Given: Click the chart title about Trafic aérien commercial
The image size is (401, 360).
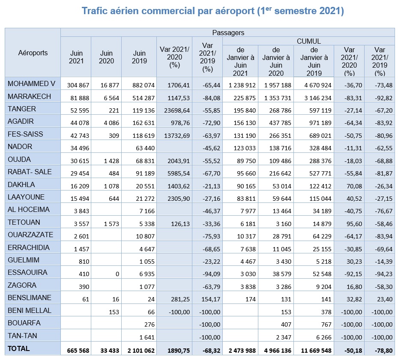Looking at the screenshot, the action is coord(213,11).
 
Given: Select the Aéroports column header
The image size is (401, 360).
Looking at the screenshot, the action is coord(33,53).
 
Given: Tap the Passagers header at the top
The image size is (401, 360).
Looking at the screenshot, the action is coord(228,33).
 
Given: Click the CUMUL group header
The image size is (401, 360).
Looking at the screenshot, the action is coord(309,41).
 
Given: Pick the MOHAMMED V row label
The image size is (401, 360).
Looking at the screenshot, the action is coord(31,83).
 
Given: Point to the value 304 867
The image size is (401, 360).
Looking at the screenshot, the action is coord(78,85).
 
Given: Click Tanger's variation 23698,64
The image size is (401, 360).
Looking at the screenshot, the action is coord(177,110).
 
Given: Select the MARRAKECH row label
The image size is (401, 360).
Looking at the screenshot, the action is coord(30,96).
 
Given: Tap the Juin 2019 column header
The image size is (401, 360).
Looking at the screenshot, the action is coord(139,57).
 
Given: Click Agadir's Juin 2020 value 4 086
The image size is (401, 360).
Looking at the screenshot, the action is coord(111,123).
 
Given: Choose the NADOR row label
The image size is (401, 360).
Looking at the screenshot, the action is coord(20,146).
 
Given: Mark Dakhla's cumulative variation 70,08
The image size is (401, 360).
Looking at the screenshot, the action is coord(354,186).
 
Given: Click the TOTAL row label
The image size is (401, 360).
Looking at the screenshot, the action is coord(19,348).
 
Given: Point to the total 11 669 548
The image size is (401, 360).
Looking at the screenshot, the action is coord(316,351).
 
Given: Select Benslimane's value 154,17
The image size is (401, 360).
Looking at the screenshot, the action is coord(211,299).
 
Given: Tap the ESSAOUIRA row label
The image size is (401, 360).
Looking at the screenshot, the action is coord(27,272).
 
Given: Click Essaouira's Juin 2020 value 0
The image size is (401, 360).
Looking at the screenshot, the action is coord(117,274).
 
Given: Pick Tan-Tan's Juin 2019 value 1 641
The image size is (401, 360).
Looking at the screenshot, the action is coord(147,337).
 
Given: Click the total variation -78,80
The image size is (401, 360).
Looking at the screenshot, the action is coord(383,351).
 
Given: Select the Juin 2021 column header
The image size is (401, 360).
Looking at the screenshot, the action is coord(76,57).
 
